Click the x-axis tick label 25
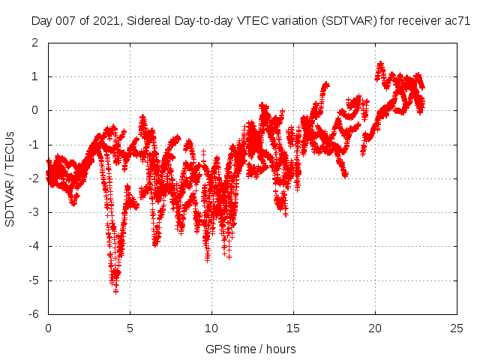tap(457, 328)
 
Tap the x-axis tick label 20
tap(375, 328)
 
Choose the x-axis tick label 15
tap(293, 328)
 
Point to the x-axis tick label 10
tap(211, 328)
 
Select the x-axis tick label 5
tap(130, 328)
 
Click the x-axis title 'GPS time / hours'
tap(250, 349)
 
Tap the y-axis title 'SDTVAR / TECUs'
tap(10, 178)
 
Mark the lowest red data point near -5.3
tap(115, 290)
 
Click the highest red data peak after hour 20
tap(380, 63)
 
